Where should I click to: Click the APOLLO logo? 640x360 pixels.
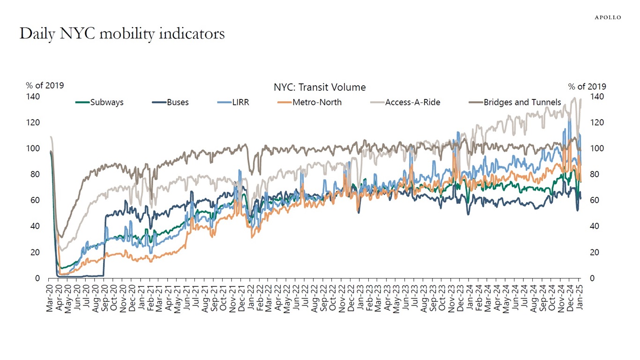(608, 17)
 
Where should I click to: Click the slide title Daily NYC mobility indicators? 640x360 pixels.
(122, 34)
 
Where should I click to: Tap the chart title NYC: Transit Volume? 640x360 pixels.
(320, 87)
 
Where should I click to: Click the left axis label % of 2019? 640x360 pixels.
(45, 85)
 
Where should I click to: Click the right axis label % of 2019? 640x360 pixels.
(587, 86)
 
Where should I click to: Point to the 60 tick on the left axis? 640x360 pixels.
(35, 201)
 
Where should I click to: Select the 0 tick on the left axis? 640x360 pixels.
(37, 278)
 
